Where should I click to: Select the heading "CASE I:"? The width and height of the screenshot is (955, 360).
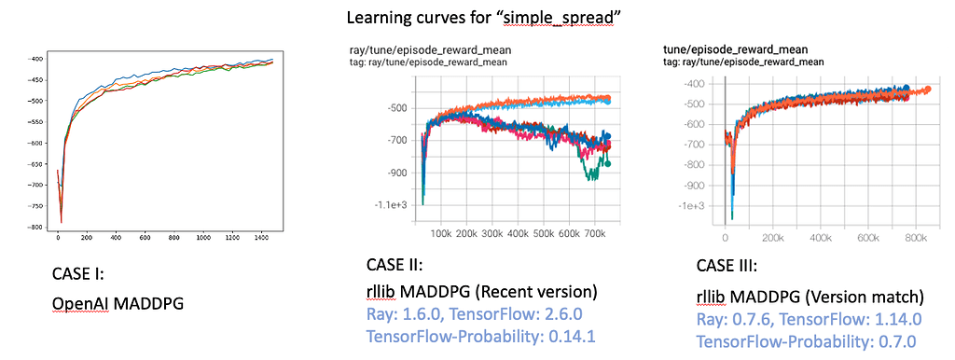pyautogui.click(x=78, y=275)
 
